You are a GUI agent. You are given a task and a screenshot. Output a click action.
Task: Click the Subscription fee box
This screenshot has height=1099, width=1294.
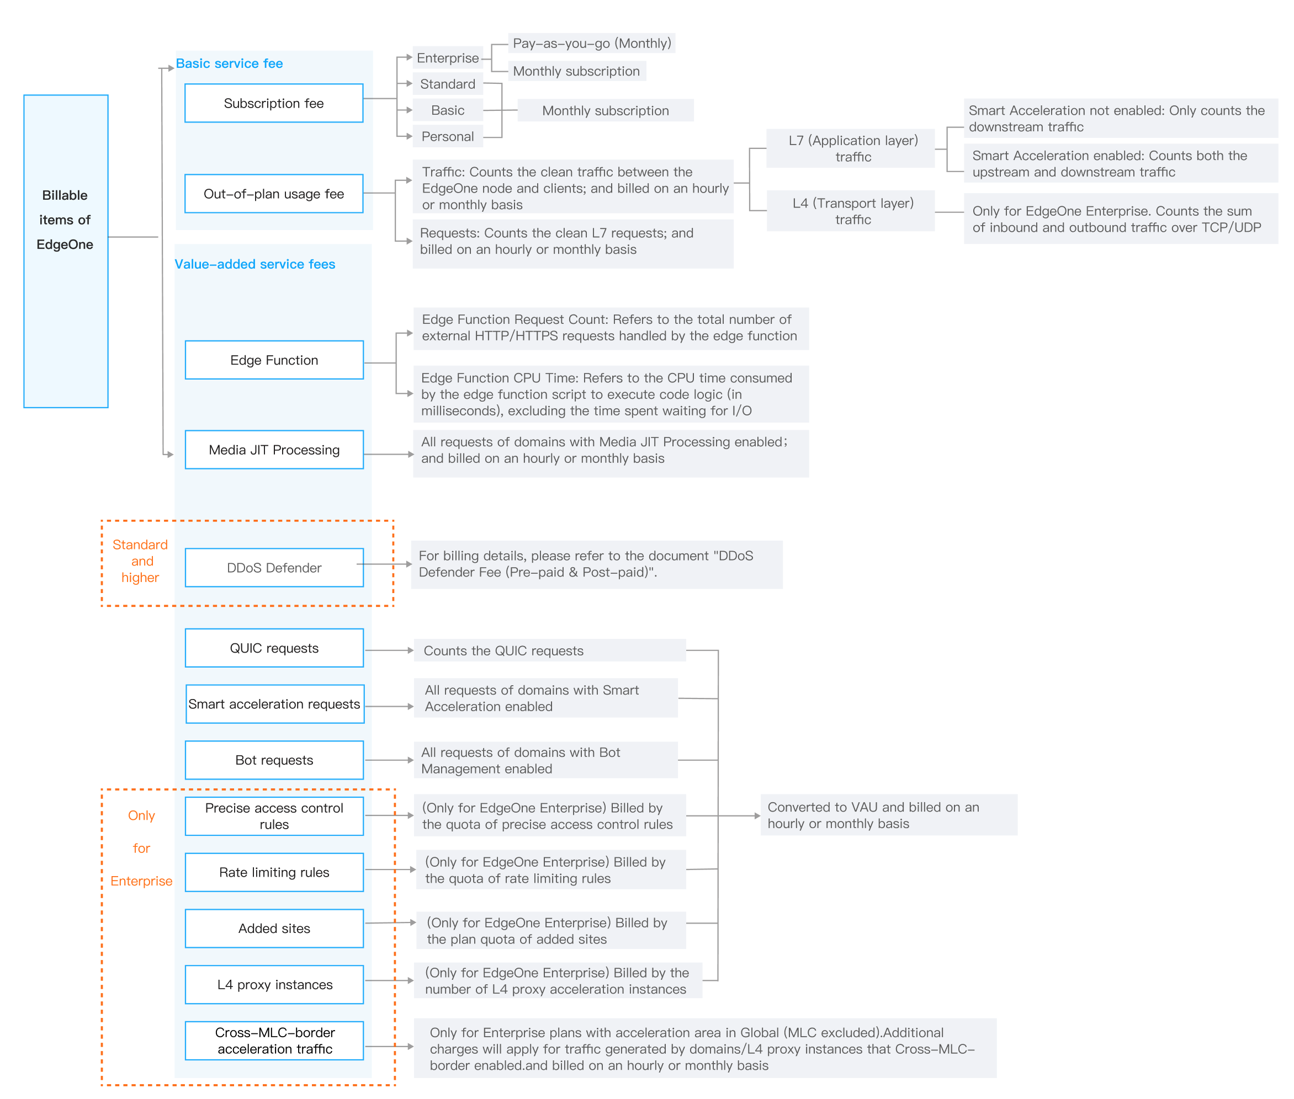tap(274, 103)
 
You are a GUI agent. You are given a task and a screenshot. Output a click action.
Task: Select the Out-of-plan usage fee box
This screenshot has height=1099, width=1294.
tap(274, 194)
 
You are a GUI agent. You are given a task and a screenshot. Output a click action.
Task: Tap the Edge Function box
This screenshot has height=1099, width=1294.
tap(274, 360)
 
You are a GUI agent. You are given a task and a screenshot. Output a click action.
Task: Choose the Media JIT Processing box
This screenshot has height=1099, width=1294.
tap(274, 450)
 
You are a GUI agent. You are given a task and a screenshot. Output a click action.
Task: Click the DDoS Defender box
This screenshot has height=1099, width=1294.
tap(274, 568)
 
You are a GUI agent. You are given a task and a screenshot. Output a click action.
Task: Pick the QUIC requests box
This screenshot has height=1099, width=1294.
tap(274, 648)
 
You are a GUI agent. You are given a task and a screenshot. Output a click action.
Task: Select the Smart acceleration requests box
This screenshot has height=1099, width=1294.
tap(274, 704)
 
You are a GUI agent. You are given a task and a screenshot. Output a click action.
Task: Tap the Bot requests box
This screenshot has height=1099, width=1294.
tap(274, 760)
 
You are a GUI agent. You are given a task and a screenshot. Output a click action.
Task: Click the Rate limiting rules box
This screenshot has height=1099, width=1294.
tap(274, 872)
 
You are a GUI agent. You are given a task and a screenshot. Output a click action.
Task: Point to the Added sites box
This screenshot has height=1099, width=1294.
tap(274, 929)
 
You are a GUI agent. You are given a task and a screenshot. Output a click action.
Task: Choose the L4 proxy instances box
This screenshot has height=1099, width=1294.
tap(274, 984)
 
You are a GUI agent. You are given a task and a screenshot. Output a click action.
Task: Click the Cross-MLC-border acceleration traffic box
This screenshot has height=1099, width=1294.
tap(274, 1041)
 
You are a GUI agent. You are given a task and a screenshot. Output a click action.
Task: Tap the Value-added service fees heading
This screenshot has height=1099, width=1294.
tap(254, 264)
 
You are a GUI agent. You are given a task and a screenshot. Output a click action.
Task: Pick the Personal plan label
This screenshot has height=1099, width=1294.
tap(448, 136)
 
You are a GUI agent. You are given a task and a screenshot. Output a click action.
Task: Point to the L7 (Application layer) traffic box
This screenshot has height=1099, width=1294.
tap(853, 148)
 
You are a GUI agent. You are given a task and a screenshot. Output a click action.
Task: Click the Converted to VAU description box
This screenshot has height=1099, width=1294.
tap(888, 815)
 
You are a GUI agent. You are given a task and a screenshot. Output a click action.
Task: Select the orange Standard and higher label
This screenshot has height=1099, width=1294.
tap(140, 561)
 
